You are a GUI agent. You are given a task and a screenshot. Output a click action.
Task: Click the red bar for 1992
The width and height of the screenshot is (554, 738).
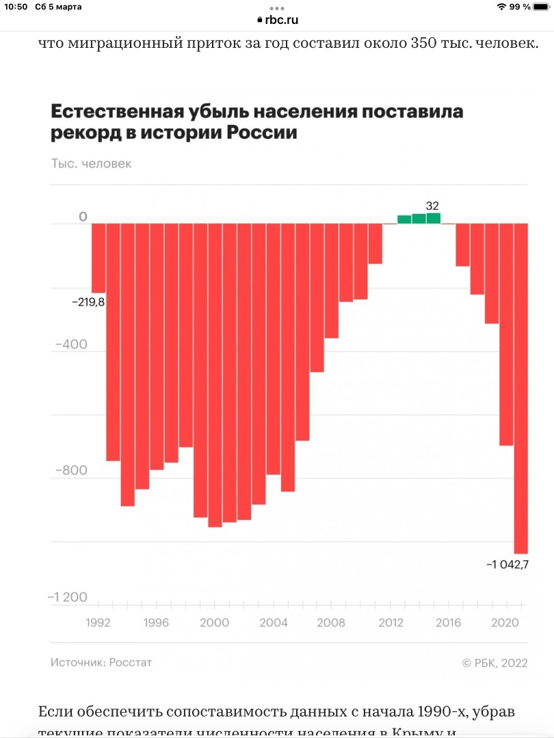pos(98,258)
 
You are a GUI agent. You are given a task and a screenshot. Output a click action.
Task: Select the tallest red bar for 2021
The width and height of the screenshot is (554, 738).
pos(521,388)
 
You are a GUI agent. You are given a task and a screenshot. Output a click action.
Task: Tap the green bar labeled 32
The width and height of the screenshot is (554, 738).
pos(433,219)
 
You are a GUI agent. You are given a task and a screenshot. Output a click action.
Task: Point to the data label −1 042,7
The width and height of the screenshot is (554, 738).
pos(507,564)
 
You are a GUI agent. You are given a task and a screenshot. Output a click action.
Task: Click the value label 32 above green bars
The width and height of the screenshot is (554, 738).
pos(432,205)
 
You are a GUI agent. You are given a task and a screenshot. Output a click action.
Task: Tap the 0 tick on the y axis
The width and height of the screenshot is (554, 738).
pos(83,217)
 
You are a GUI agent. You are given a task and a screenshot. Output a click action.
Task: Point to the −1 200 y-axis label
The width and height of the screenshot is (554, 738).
pos(67,598)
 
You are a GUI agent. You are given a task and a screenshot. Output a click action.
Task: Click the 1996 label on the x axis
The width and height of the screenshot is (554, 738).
pos(156,623)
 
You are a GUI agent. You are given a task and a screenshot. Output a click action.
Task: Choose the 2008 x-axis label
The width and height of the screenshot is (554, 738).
pos(331,623)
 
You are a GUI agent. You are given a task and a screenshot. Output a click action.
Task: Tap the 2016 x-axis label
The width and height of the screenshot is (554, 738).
pos(448,623)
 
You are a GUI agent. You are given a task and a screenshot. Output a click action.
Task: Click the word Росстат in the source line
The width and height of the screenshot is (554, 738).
pos(130,662)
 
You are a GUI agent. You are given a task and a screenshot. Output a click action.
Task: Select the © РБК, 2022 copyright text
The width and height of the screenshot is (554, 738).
pos(494,663)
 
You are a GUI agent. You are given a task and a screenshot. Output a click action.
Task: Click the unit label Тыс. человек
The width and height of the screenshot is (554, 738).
pos(91,164)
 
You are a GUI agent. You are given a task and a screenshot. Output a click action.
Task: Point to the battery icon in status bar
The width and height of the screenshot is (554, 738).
pos(541,7)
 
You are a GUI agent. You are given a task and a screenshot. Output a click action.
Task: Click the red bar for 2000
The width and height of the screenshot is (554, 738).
pos(215,375)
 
